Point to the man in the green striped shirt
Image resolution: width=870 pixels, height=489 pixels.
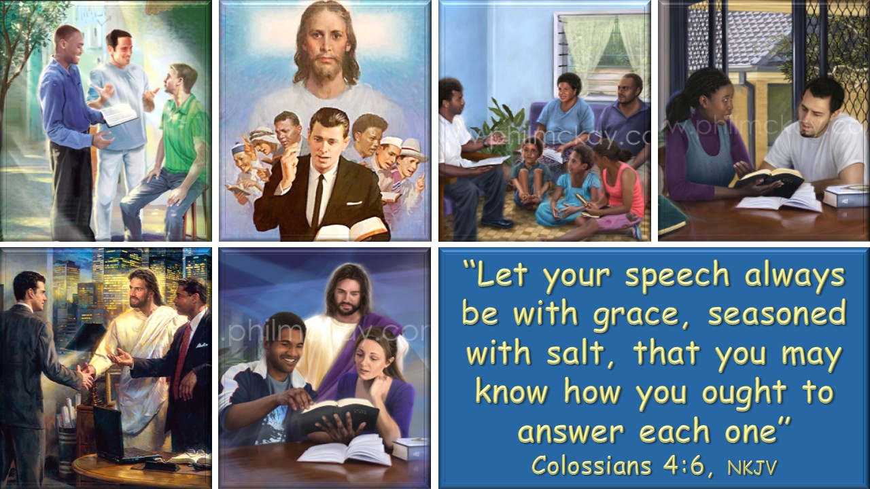(x=171, y=151)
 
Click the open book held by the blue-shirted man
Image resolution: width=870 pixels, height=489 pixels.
(x=119, y=114)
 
